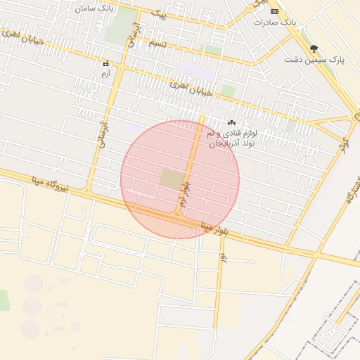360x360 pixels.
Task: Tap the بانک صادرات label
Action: point(276,22)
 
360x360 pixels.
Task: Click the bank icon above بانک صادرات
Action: point(274,11)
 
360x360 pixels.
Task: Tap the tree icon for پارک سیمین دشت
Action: point(314,49)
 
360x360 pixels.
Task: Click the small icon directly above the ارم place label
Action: point(105,63)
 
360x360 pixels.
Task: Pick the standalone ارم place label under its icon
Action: point(105,73)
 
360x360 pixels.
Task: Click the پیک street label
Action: point(161,13)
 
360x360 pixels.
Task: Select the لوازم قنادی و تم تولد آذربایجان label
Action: point(232,138)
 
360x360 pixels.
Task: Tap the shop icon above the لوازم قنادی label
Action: point(232,122)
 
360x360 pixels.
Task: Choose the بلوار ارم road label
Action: point(184,191)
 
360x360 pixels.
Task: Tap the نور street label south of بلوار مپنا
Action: point(222,259)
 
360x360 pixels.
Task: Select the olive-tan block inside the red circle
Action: point(171,179)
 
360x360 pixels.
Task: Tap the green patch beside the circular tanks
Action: point(4,300)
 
